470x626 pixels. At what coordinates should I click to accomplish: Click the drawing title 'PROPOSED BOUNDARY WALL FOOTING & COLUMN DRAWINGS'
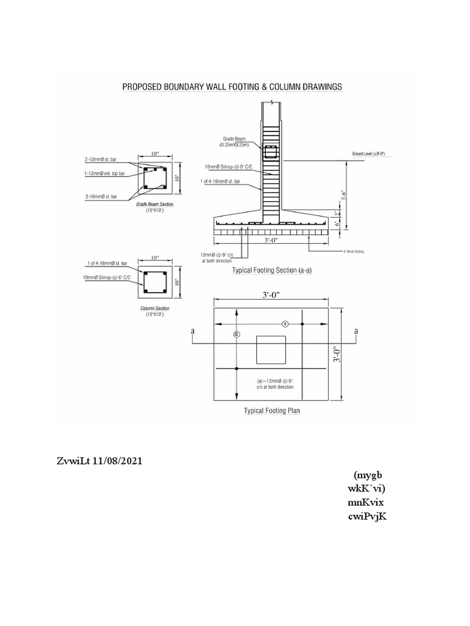[x=232, y=87]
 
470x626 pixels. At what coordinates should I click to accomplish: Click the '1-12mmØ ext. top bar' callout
[x=105, y=174]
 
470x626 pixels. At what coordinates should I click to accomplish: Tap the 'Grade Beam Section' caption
[x=154, y=205]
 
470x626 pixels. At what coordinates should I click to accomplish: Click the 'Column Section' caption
[x=154, y=308]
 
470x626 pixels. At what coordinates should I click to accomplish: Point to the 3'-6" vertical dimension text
[x=347, y=194]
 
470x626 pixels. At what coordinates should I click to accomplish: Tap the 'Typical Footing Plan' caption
[x=272, y=411]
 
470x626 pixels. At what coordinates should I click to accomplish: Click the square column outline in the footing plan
[x=270, y=350]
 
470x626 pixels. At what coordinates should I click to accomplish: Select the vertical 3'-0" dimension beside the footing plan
[x=336, y=355]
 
